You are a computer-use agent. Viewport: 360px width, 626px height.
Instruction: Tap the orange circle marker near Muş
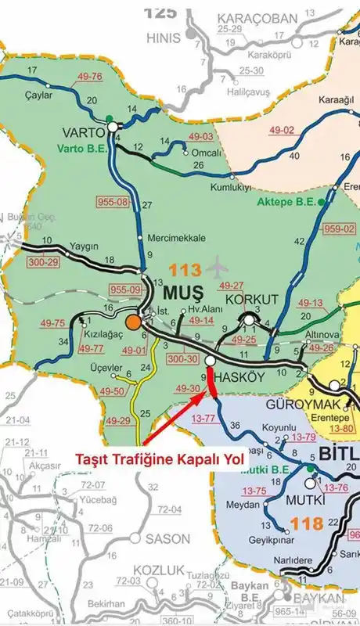click(134, 322)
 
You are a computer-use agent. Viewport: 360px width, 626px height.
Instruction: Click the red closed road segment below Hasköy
click(211, 390)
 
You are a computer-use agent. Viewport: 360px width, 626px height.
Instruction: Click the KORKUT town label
click(251, 300)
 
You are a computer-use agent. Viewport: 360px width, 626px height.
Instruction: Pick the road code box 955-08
click(113, 202)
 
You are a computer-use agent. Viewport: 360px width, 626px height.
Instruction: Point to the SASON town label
click(168, 538)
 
